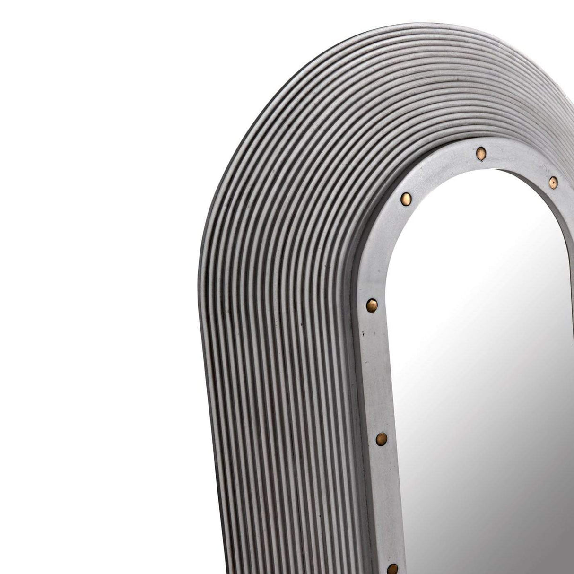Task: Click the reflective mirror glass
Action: click(473, 378)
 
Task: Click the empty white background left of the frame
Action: click(95, 284)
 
